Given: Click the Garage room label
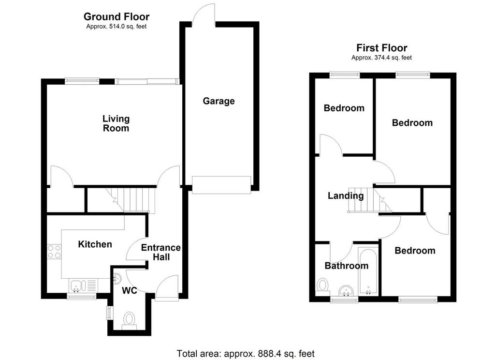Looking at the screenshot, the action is [218, 101].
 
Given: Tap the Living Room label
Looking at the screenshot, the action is [116, 123].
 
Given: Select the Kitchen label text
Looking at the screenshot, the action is [95, 244].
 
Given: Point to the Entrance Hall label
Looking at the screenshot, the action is [161, 252].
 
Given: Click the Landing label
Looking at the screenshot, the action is [346, 196].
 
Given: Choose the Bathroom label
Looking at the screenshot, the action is [347, 266].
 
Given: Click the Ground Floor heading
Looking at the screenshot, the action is [116, 16].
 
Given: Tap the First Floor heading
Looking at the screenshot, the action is [382, 48].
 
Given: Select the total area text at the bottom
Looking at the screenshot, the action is [246, 353].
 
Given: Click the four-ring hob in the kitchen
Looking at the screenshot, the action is [54, 252].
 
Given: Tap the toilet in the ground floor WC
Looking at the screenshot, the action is [129, 319].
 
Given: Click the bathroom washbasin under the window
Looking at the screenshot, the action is [347, 291].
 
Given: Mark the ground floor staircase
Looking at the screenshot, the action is [131, 200].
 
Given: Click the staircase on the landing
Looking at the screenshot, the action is [370, 201].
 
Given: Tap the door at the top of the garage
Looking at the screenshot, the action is [204, 15].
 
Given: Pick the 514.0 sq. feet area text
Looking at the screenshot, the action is [116, 27].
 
